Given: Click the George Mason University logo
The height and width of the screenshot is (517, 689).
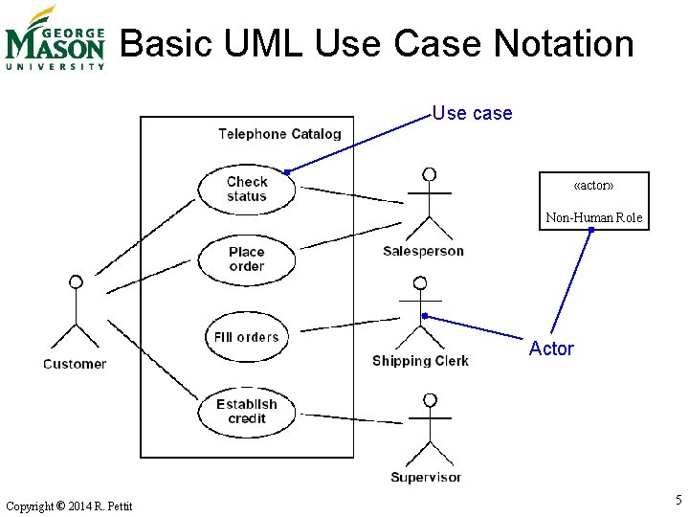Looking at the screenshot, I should coord(55,38).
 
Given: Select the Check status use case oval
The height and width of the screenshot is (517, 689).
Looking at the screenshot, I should coord(247,189).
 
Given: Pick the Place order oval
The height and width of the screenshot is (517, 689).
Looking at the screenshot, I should coord(247,259).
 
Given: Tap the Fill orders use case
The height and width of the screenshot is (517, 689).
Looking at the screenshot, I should coord(247,337).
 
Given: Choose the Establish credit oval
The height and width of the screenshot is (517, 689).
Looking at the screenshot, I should coord(247,412).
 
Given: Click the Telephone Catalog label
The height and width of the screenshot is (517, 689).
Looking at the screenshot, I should coord(279,134).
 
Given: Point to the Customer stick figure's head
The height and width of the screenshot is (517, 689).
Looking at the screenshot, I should coord(76,282).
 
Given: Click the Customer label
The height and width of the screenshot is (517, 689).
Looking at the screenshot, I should coord(75,364).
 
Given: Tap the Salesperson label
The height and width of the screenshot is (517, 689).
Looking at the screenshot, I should coord(423,251).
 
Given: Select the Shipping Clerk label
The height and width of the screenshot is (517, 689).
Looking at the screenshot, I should coord(420,361).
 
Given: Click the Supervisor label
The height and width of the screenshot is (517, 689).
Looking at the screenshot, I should coord(426,477).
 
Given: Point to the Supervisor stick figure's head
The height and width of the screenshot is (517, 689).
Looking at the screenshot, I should coord(430,399).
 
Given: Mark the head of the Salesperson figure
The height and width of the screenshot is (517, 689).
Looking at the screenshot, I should coord(430,174).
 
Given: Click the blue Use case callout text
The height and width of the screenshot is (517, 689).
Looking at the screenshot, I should coord(472,114).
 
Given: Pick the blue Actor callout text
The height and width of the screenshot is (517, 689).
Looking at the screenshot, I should coord(551,349).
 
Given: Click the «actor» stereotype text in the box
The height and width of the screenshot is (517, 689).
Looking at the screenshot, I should coord(593,184).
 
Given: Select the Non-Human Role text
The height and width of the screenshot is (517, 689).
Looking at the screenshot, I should coord(593,217).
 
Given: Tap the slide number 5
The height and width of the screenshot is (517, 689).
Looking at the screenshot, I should coord(678,499).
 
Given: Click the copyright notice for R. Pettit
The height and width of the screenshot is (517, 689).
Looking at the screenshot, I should coord(69,506).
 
